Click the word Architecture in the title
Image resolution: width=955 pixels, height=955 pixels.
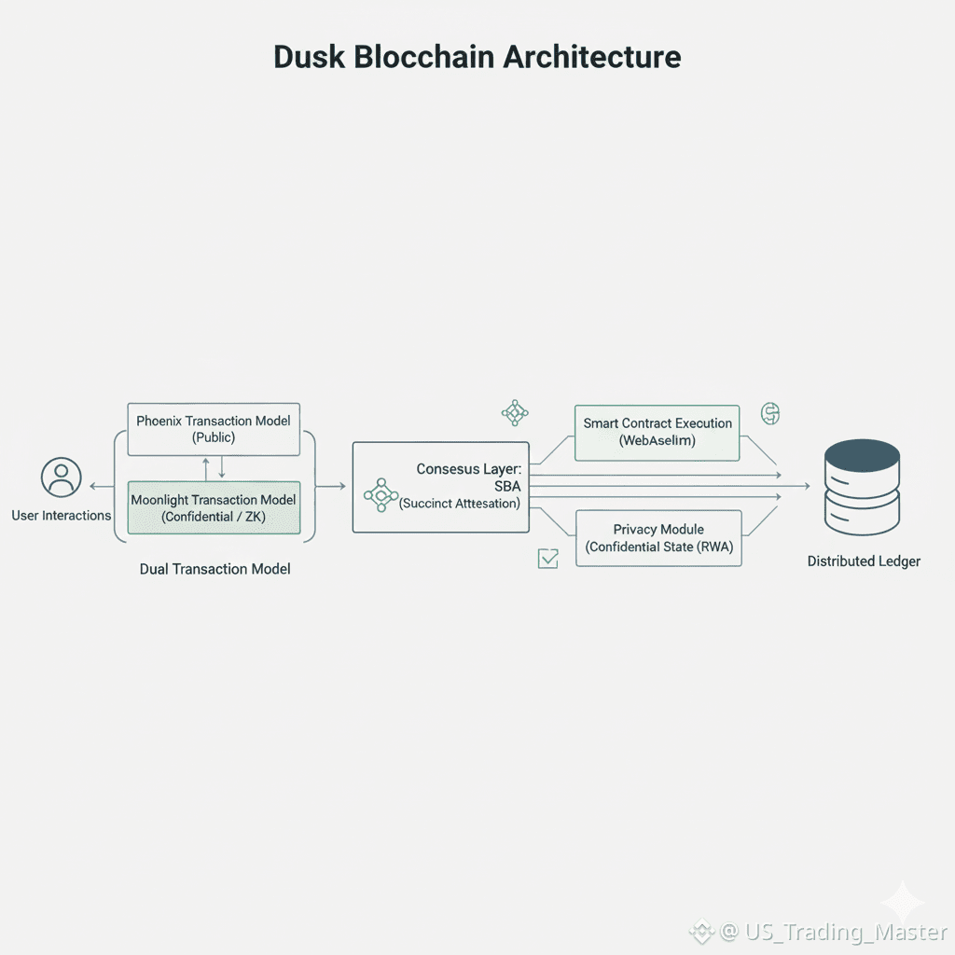tap(592, 57)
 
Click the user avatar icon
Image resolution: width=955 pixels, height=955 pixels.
tap(62, 477)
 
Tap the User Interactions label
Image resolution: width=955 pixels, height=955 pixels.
tap(62, 516)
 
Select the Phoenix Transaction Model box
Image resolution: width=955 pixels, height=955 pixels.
tap(214, 429)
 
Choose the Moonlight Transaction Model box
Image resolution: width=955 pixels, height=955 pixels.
tap(214, 508)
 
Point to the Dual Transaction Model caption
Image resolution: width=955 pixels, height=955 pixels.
tap(215, 569)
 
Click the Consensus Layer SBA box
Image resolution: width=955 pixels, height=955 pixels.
tap(440, 487)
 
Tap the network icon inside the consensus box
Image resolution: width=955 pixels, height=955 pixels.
tap(381, 495)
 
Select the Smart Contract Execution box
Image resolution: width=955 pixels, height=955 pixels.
tap(657, 432)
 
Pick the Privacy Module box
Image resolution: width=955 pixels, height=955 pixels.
tap(658, 538)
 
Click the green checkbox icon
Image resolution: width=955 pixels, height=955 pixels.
tap(548, 558)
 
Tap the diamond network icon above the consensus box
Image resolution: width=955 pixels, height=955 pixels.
tap(515, 412)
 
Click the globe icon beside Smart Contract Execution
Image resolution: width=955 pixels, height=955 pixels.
tap(770, 413)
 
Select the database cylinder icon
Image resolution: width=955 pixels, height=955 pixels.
tap(863, 488)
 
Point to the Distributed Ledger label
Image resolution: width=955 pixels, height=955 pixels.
tap(864, 561)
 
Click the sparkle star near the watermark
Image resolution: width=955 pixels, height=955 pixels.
tap(903, 902)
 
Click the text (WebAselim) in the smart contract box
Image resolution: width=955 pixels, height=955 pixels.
tap(657, 441)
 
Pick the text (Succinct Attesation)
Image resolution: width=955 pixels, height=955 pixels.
tap(460, 505)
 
